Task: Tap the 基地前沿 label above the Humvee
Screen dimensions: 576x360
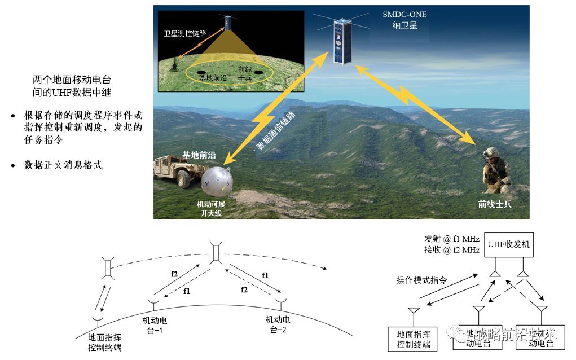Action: (x=199, y=155)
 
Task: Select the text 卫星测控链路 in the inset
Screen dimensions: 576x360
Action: (x=185, y=34)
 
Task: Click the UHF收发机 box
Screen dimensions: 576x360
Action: (x=508, y=245)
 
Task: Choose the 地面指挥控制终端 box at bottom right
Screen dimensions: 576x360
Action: (x=414, y=340)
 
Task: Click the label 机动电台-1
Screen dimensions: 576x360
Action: (x=155, y=326)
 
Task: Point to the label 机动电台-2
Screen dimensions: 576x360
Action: (x=278, y=324)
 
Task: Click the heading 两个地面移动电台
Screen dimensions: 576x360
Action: (x=76, y=79)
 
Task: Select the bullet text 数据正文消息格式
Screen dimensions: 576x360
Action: (x=63, y=165)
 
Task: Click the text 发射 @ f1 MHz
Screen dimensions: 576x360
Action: (x=451, y=239)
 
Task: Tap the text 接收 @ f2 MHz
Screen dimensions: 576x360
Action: (x=451, y=249)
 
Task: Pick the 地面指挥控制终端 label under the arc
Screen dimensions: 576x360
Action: (x=105, y=343)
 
